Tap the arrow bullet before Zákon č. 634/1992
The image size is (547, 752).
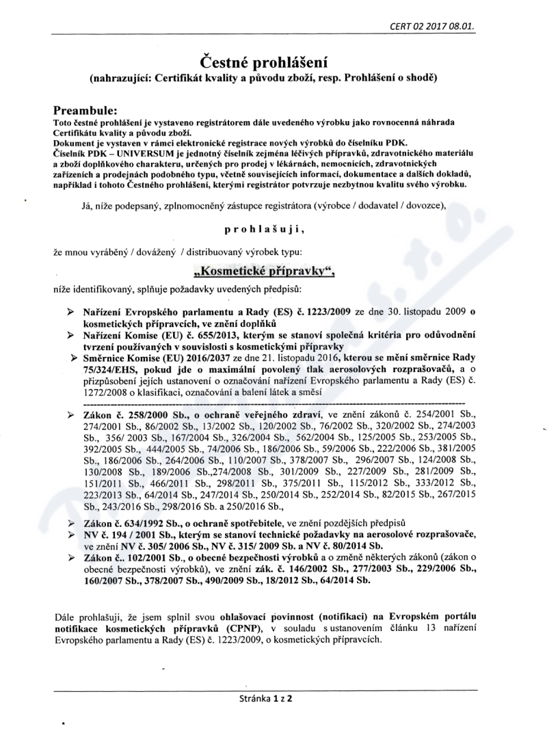[x=72, y=522]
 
